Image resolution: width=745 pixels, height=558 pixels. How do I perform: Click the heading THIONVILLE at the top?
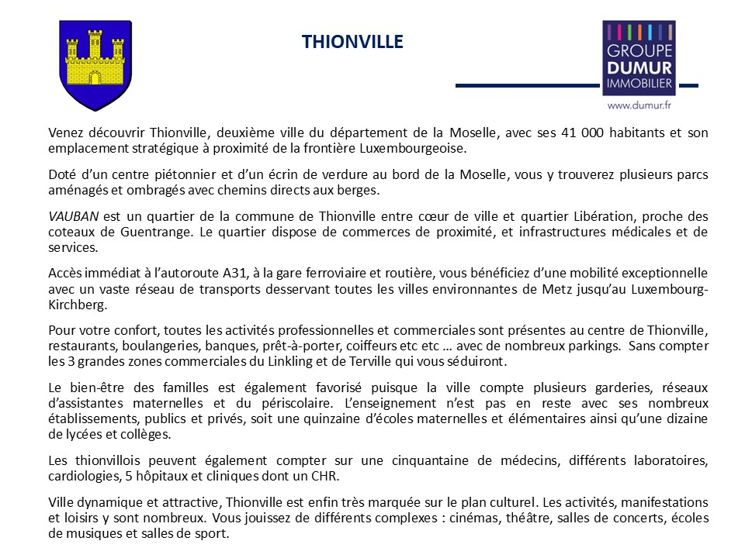[x=352, y=42]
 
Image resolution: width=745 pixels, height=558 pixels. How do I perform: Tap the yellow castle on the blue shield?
[x=95, y=60]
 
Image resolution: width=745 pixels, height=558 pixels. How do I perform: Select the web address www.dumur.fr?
[x=639, y=104]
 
